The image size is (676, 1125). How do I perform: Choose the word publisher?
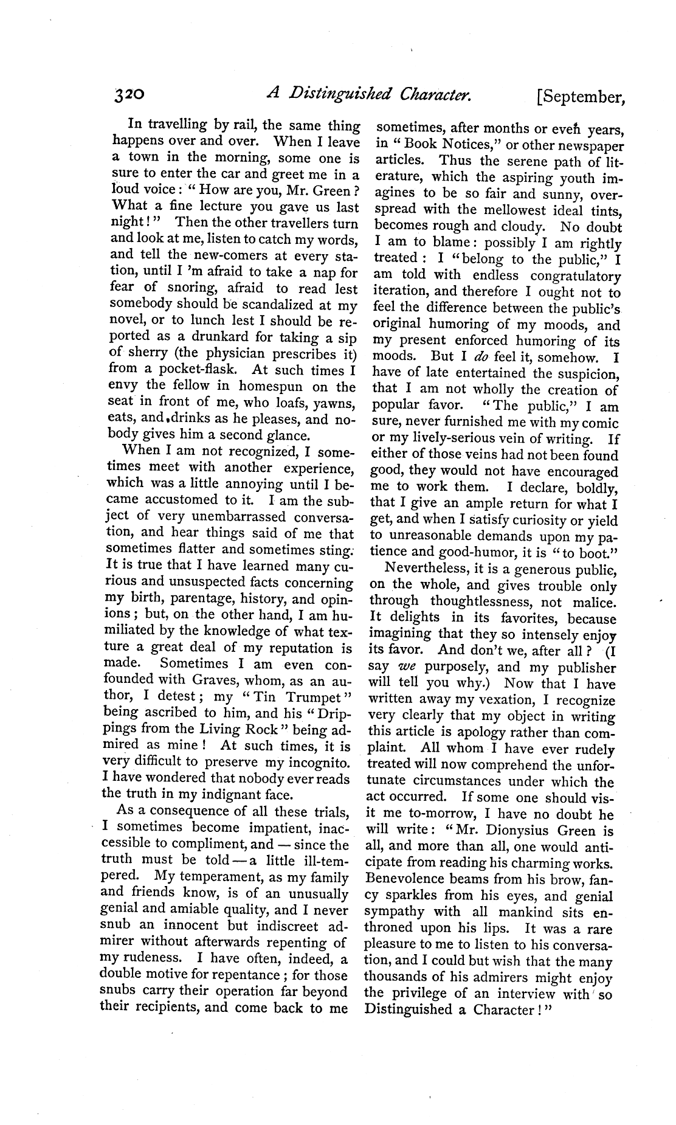[x=582, y=667]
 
